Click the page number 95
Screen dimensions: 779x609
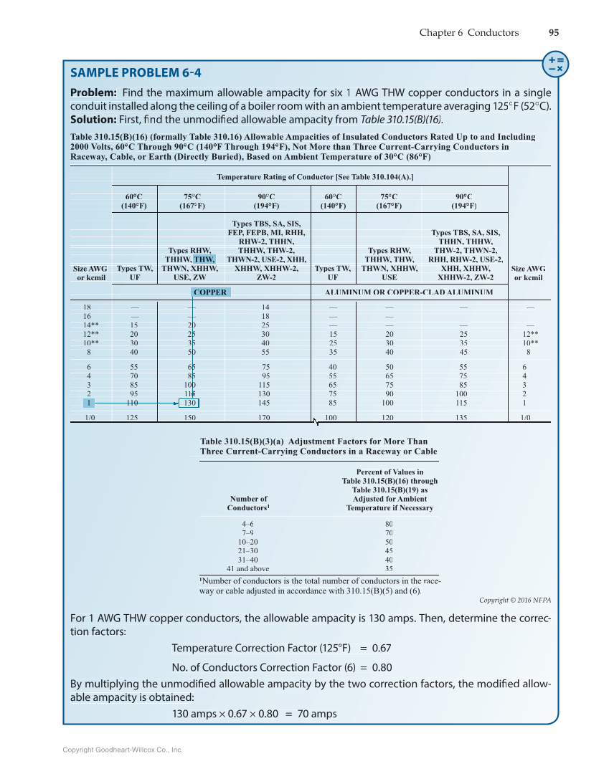[554, 32]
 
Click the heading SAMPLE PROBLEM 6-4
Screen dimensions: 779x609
[136, 72]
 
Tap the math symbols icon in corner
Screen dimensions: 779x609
[554, 63]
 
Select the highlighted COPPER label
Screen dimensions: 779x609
[210, 292]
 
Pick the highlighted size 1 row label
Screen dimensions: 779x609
[87, 403]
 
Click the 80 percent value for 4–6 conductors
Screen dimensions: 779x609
[389, 524]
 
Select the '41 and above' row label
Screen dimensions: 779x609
[248, 568]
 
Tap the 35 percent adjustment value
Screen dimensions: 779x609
[389, 568]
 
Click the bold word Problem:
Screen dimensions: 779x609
[93, 93]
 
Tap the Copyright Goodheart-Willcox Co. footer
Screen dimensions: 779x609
[123, 750]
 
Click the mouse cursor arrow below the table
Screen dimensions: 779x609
[315, 422]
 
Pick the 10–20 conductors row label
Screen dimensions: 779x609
[248, 542]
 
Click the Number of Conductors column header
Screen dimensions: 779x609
[248, 503]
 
